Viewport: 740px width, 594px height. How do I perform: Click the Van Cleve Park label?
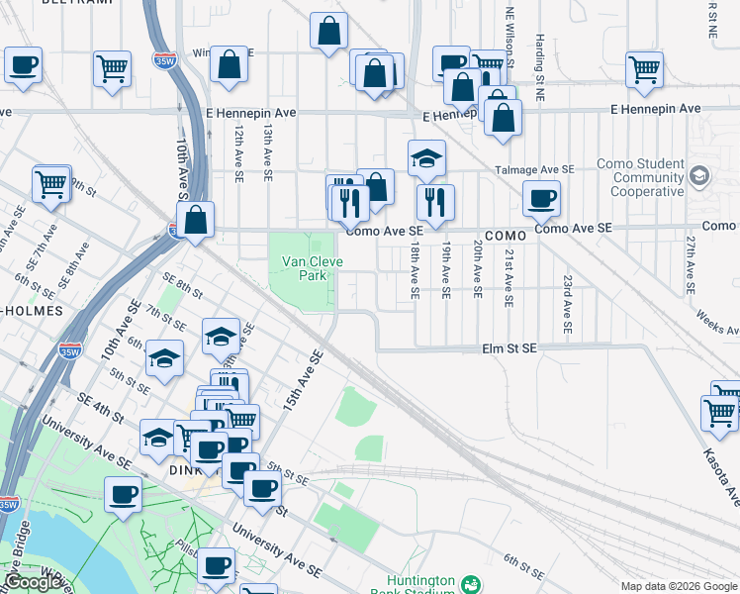(304, 268)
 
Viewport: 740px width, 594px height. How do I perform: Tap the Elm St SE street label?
(509, 348)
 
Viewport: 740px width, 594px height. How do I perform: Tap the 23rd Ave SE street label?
(568, 303)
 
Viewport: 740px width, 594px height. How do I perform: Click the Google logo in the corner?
(33, 582)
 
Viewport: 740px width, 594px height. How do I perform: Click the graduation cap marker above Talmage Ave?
(426, 157)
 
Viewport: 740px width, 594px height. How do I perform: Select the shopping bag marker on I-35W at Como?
(197, 220)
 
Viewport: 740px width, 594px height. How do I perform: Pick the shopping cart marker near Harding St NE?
(644, 69)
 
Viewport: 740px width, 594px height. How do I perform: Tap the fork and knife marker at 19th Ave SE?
(435, 202)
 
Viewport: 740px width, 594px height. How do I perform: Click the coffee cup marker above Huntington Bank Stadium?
(217, 565)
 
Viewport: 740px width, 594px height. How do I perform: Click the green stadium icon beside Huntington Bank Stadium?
(471, 585)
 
